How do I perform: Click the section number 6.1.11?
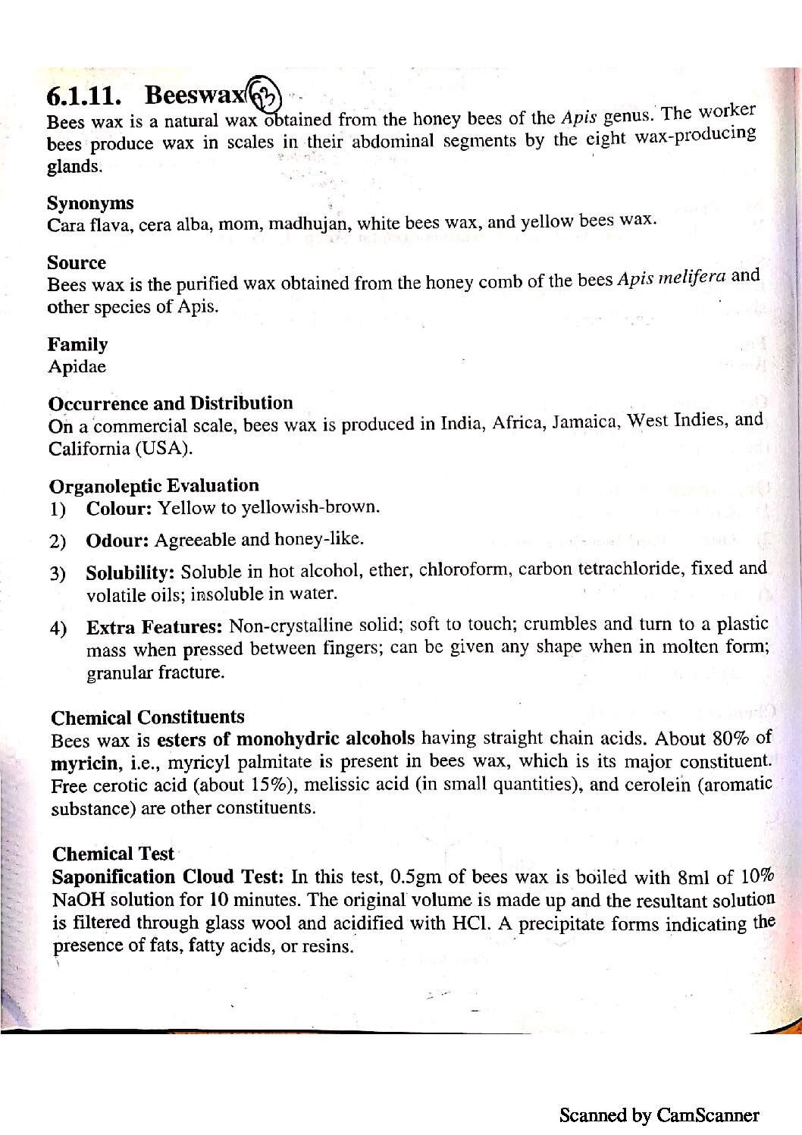[83, 96]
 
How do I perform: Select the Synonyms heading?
[90, 203]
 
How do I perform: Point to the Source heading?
[77, 262]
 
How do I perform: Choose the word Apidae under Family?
[77, 367]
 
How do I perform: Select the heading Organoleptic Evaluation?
[154, 485]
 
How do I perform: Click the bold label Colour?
[120, 508]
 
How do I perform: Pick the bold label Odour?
[117, 541]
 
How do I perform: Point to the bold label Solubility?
[131, 572]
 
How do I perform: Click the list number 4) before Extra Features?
[58, 629]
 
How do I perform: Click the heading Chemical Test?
[113, 854]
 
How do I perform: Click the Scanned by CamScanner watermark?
[659, 1115]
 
